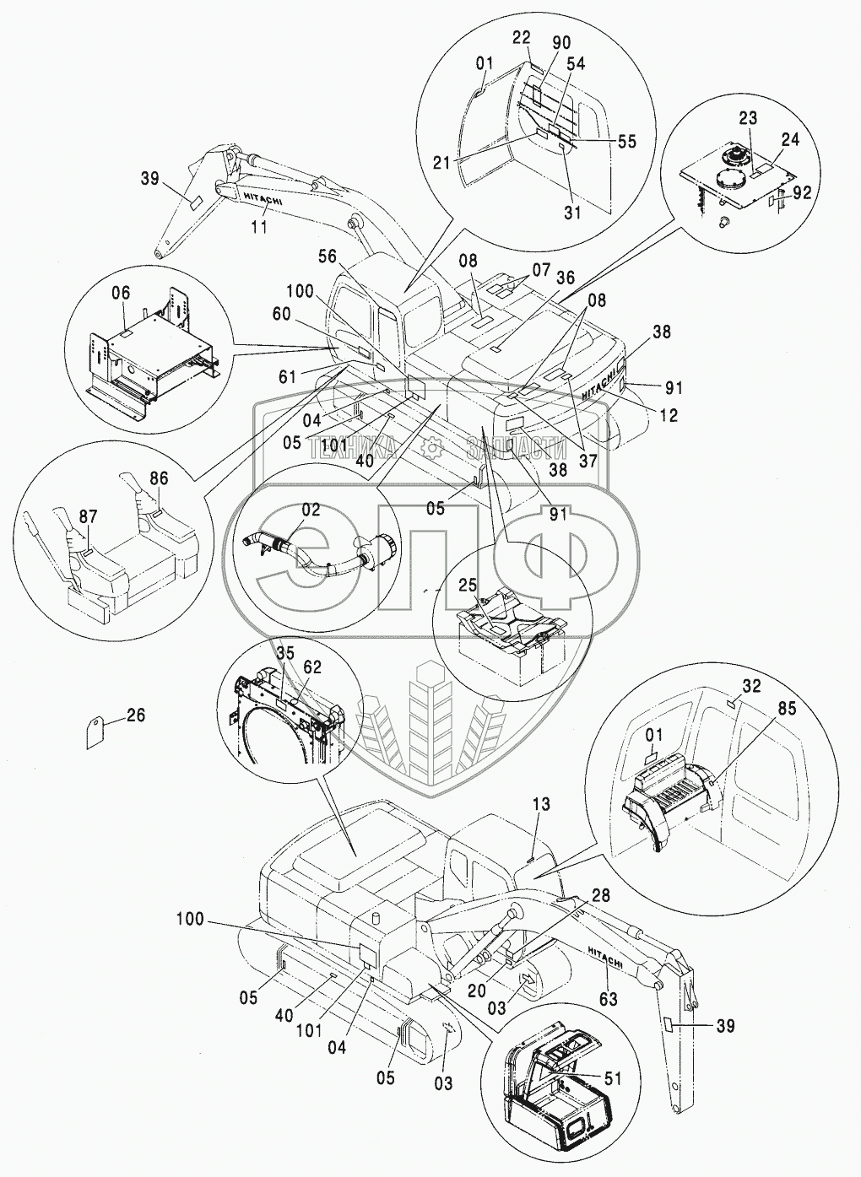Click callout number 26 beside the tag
click(136, 715)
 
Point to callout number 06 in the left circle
click(121, 294)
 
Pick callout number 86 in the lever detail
click(159, 478)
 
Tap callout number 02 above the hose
click(311, 510)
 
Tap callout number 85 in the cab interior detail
click(787, 709)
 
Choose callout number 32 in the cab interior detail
click(752, 686)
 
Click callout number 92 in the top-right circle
click(803, 194)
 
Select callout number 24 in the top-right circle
click(790, 140)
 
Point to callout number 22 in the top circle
click(522, 38)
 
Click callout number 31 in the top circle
click(573, 213)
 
